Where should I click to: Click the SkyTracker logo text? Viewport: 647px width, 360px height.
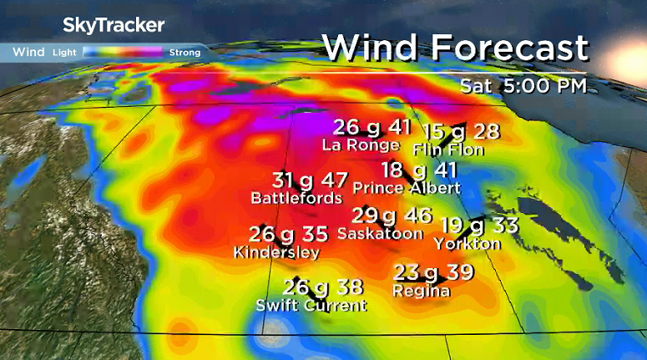tap(114, 25)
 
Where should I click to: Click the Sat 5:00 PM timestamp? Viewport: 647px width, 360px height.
tap(523, 85)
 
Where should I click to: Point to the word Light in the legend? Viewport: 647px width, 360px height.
tap(64, 53)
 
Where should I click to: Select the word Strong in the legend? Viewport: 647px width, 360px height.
tap(184, 53)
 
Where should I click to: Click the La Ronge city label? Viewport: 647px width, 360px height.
tap(361, 145)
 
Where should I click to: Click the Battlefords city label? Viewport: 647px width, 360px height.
tap(296, 198)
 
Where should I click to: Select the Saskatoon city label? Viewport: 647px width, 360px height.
tap(380, 234)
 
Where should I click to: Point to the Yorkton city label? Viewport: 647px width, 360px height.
tap(467, 244)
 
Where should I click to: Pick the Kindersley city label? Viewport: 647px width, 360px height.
tap(275, 251)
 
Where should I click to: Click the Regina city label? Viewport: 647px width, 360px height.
tap(422, 291)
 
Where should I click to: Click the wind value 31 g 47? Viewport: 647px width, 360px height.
tap(310, 180)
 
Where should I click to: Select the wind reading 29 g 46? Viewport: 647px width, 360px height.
tap(392, 215)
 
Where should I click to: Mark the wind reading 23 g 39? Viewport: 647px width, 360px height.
tap(433, 272)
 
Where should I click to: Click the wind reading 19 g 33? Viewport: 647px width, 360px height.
tap(479, 225)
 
